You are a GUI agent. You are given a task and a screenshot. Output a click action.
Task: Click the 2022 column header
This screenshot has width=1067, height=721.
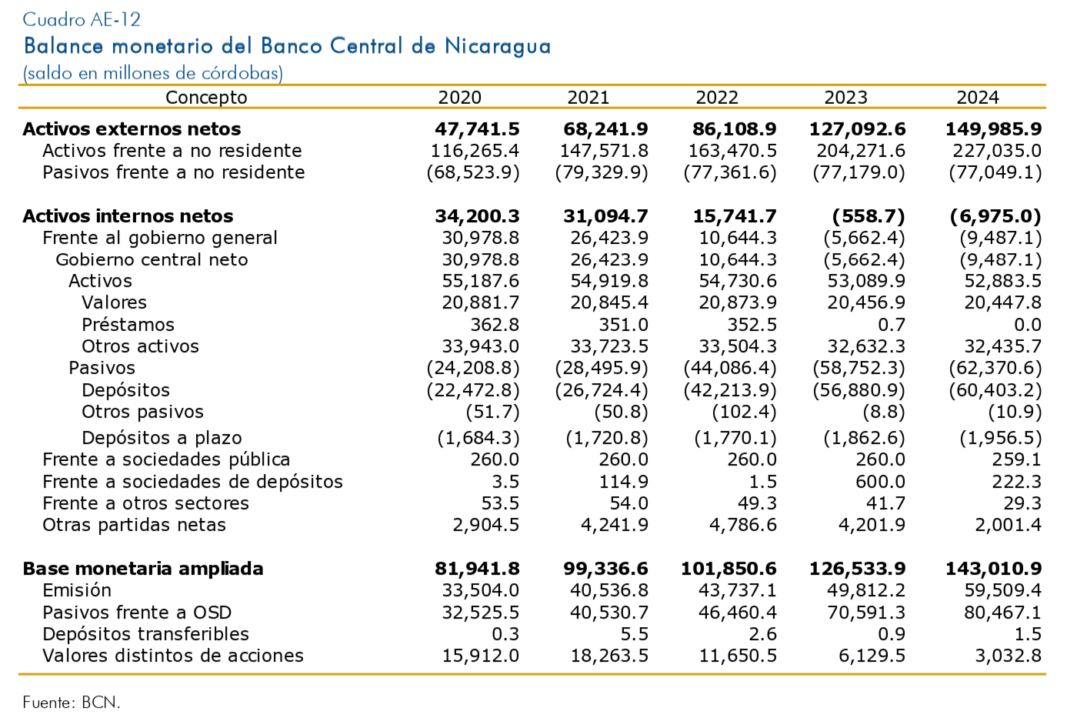click(x=716, y=98)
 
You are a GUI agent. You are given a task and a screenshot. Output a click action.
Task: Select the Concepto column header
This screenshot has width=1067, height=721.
click(x=206, y=98)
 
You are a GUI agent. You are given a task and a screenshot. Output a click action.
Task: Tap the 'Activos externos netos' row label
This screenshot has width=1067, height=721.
click(x=132, y=129)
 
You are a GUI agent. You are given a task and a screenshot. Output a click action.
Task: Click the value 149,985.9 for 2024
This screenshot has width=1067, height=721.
click(x=993, y=129)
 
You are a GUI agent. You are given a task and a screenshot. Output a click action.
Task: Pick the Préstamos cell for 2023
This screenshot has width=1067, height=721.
click(x=894, y=325)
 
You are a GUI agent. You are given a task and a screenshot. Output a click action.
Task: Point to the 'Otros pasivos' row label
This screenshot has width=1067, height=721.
click(x=142, y=412)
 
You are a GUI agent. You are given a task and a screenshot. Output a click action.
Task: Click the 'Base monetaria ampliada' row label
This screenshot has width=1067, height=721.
click(x=143, y=569)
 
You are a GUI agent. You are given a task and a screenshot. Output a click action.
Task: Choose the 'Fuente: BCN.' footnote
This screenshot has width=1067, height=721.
click(x=72, y=703)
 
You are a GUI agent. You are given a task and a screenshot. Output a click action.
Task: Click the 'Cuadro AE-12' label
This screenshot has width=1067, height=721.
click(x=82, y=19)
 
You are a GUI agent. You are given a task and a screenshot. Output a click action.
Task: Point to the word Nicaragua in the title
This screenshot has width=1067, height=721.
click(x=498, y=46)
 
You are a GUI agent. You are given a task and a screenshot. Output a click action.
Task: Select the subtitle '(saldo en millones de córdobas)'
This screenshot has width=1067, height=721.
click(x=153, y=74)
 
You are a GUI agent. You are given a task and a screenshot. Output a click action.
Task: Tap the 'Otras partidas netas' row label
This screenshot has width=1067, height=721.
click(x=134, y=526)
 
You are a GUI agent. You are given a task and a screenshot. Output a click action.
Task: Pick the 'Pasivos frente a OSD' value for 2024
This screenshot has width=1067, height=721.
click(x=996, y=613)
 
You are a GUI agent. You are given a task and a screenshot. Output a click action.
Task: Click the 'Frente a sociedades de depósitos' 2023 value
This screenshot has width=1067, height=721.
click(x=880, y=482)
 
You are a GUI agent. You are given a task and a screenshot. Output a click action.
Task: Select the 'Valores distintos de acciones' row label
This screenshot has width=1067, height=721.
click(x=173, y=656)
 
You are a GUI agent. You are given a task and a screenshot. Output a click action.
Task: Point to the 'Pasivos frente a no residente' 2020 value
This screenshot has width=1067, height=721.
click(x=473, y=172)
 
